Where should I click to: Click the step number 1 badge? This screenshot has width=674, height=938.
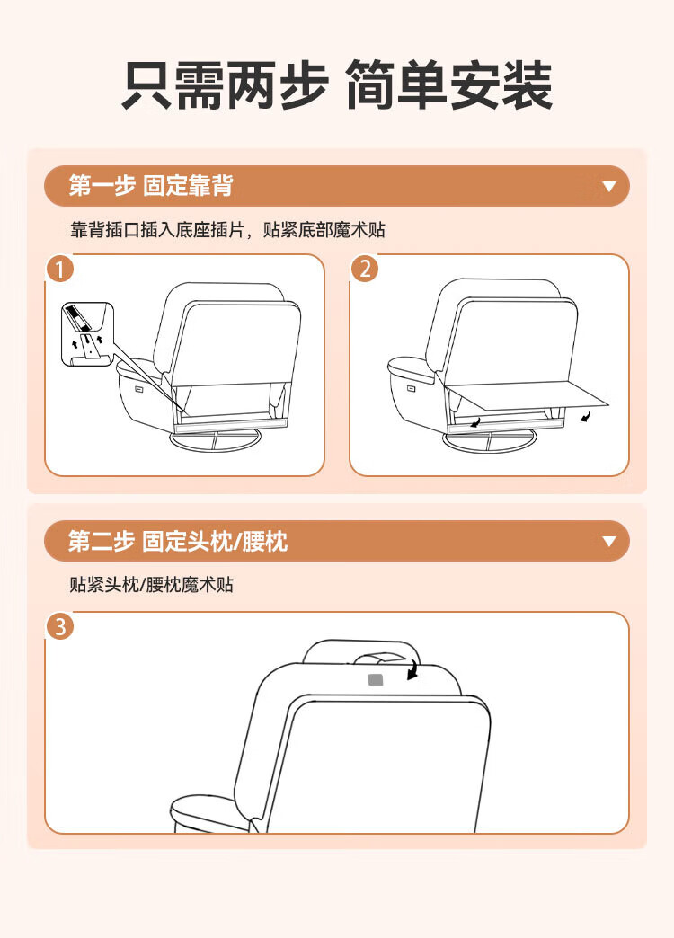(59, 269)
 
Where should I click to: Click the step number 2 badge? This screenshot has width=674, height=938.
(365, 269)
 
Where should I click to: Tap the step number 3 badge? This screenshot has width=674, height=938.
(60, 626)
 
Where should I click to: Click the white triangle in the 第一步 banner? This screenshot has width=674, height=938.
(609, 187)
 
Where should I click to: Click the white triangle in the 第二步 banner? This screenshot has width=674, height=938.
(609, 542)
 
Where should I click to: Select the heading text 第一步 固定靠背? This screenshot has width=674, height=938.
(151, 185)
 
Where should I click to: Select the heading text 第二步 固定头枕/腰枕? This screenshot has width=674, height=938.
(178, 542)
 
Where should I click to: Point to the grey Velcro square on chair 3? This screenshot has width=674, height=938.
(376, 679)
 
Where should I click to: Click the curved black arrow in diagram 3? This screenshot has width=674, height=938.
(412, 668)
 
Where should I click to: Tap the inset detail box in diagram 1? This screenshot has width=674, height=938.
(87, 334)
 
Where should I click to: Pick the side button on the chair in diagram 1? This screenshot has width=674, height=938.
(139, 389)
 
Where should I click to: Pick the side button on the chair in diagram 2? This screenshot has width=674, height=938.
(412, 388)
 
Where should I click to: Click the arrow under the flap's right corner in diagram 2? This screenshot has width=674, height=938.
(585, 416)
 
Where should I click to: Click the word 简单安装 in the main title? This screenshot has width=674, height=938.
(449, 85)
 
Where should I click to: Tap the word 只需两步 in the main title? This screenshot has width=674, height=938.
(225, 85)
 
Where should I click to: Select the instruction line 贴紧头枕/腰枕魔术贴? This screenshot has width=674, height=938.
(152, 585)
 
